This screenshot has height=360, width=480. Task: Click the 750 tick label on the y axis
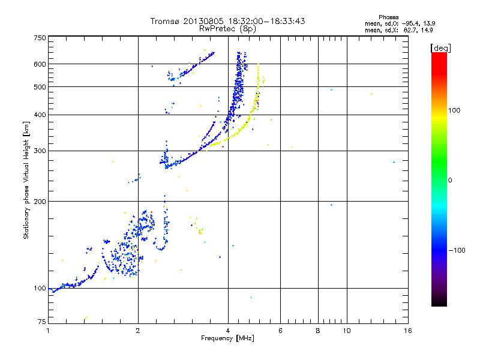click(x=40, y=38)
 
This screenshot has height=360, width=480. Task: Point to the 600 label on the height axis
click(x=40, y=64)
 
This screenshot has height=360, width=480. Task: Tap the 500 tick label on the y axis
click(x=40, y=87)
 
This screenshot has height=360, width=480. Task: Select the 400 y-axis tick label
click(x=40, y=115)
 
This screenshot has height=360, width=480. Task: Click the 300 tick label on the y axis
click(x=40, y=151)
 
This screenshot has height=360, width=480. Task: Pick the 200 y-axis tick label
click(x=40, y=201)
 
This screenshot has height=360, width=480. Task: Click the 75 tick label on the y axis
click(x=41, y=322)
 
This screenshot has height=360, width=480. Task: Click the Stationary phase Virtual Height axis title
click(x=26, y=180)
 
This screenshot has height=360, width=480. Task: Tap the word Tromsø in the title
click(x=166, y=21)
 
